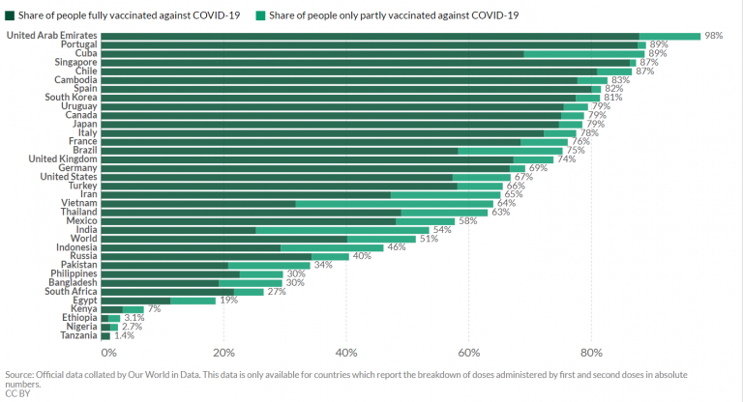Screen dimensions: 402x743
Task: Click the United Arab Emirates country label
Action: click(50, 36)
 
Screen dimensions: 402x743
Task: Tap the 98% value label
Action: click(715, 36)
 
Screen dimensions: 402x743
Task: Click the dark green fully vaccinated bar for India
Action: click(178, 229)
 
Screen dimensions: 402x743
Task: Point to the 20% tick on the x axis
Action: click(224, 352)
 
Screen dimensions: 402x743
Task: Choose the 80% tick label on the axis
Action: click(592, 352)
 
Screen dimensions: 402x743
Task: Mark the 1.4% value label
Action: click(124, 335)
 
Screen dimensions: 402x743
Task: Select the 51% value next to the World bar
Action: click(429, 238)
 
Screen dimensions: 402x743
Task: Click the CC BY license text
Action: click(16, 393)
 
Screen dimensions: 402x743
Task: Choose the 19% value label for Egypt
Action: click(229, 300)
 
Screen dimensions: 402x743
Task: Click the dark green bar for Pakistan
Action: click(164, 264)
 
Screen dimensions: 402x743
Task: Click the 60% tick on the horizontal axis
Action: click(469, 352)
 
